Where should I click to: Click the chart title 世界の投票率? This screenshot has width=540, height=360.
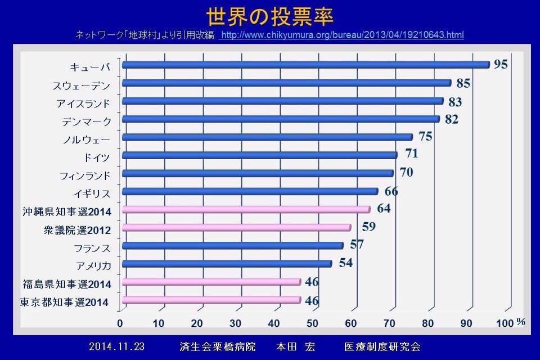click(269, 15)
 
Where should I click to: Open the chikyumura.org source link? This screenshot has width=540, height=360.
click(343, 35)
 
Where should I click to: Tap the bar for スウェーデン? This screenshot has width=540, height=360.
click(286, 83)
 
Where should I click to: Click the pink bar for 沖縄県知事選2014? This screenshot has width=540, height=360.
click(246, 209)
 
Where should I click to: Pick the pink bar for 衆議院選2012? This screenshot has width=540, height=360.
click(236, 228)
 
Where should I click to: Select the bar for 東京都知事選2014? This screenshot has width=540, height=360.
click(211, 300)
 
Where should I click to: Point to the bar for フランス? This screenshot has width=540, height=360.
click(232, 246)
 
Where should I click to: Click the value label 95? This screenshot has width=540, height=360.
click(501, 64)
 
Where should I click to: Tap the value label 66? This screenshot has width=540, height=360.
click(391, 191)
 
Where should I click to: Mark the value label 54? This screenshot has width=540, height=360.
click(345, 263)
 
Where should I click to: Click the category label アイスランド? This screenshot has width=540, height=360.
click(83, 103)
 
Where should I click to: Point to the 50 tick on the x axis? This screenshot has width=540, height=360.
click(312, 323)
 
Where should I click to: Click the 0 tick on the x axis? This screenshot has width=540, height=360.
click(120, 323)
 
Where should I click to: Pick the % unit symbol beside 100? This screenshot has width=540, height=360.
click(521, 322)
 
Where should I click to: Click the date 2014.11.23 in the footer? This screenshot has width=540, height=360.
click(116, 346)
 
